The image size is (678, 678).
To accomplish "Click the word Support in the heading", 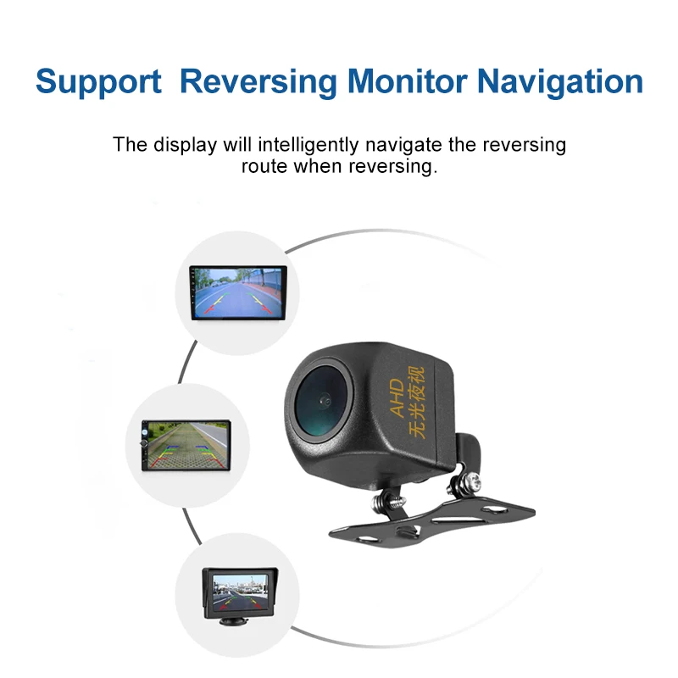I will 98,82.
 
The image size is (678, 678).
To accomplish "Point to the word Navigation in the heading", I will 559,82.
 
